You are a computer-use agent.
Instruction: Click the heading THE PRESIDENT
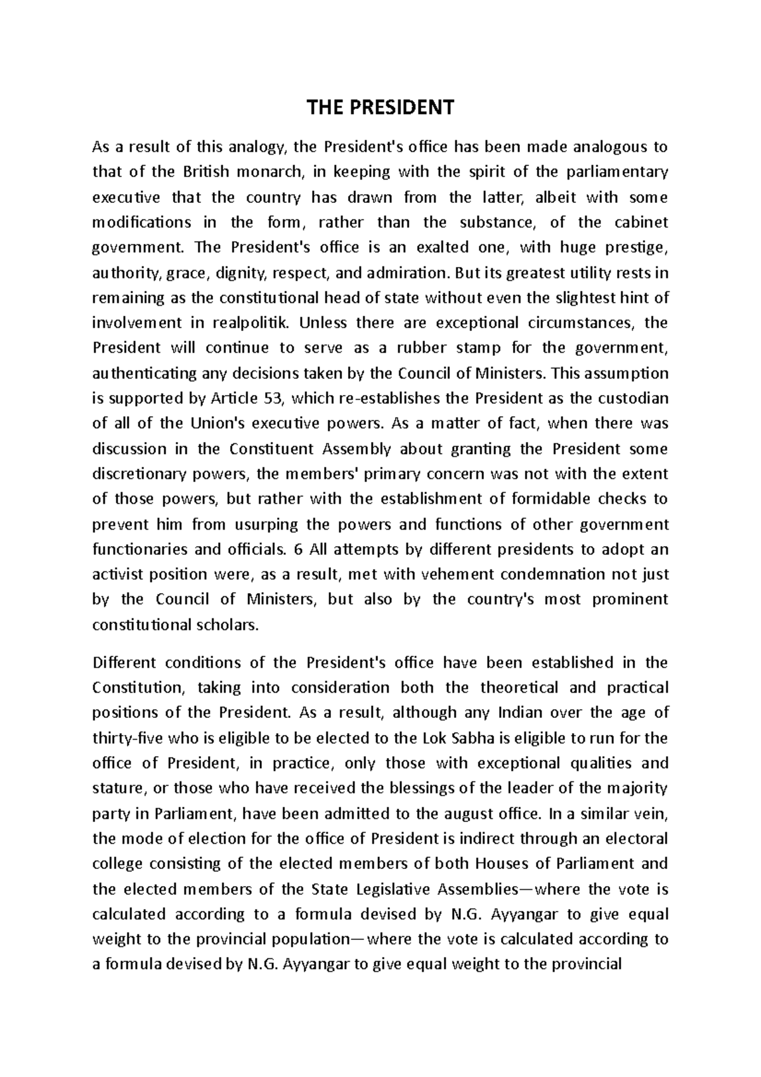(380, 108)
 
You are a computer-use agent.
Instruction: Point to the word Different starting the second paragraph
(123, 663)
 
